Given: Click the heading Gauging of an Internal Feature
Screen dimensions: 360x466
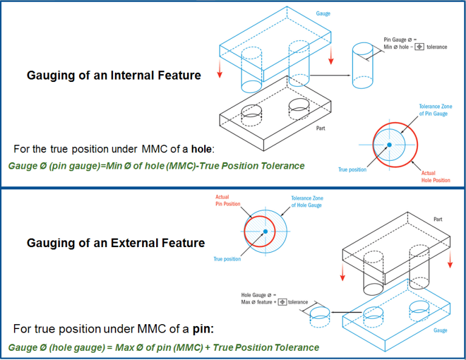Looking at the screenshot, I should [x=114, y=76].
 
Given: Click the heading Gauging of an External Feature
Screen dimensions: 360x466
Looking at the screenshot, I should [x=115, y=243].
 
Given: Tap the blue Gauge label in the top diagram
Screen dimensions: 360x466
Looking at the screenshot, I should [x=323, y=13].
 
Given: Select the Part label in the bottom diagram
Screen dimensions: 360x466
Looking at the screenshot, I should [x=437, y=219].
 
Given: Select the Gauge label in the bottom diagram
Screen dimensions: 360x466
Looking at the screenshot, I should [x=440, y=330].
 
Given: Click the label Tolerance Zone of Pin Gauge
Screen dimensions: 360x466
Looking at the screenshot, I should [x=435, y=110].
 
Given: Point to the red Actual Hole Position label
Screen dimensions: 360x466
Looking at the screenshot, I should [x=436, y=177].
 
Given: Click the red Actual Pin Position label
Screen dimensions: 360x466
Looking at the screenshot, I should [x=228, y=201].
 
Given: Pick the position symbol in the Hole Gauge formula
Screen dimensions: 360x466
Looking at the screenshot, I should [x=282, y=302].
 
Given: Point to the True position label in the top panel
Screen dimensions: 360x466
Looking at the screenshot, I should [x=352, y=169].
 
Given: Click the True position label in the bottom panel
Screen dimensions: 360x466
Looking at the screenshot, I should [x=227, y=259].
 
